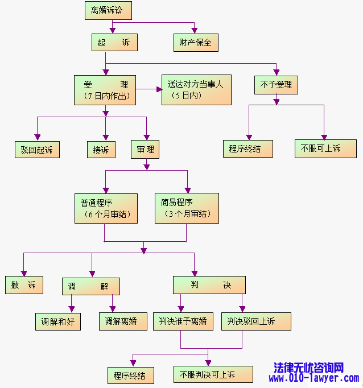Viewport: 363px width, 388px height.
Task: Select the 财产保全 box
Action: tap(195, 43)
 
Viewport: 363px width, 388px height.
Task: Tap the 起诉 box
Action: tap(114, 43)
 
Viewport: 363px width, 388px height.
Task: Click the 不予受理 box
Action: tap(276, 85)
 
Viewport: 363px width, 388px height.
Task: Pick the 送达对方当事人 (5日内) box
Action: tap(196, 90)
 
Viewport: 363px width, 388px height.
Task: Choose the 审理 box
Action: tap(145, 150)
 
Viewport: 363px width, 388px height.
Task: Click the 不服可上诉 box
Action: tap(317, 148)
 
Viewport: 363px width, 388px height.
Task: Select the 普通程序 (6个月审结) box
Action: tap(106, 208)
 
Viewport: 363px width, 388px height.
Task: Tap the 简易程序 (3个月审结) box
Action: tap(187, 208)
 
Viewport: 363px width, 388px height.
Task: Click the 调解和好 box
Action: tap(57, 321)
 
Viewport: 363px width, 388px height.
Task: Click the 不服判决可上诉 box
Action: tap(207, 374)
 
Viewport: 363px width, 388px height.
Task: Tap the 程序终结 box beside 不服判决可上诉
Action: tap(130, 375)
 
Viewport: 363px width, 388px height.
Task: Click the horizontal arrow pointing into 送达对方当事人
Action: tap(149, 89)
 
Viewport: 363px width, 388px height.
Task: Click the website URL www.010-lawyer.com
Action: tap(314, 378)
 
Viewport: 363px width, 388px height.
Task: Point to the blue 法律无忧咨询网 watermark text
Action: tap(309, 368)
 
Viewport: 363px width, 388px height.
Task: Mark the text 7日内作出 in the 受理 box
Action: tap(106, 97)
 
